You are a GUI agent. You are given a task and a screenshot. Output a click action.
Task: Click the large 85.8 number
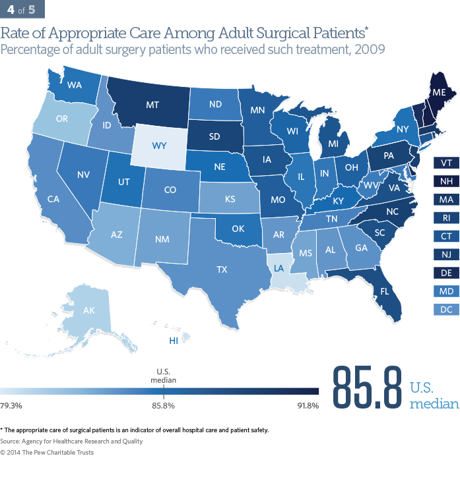click(367, 384)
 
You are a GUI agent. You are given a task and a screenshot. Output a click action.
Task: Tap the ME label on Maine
click(438, 94)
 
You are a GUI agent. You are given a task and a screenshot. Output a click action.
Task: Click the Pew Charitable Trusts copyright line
click(47, 453)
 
